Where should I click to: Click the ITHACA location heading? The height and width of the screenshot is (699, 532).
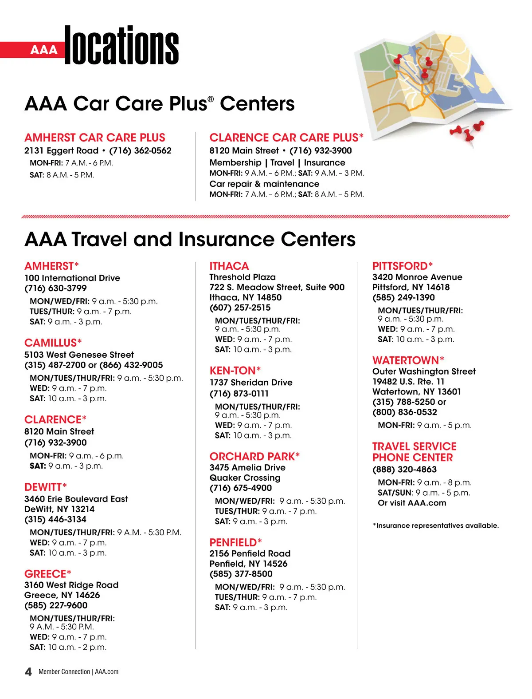pyautogui.click(x=229, y=266)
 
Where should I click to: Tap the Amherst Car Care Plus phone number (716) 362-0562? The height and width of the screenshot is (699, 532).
pyautogui.click(x=140, y=151)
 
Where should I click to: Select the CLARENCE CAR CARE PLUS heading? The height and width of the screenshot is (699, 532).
pyautogui.click(x=286, y=138)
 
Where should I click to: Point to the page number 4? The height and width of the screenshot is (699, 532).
pyautogui.click(x=28, y=671)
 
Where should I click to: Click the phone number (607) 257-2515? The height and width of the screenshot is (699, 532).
pyautogui.click(x=240, y=308)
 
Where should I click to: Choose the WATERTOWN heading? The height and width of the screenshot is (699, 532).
pyautogui.click(x=408, y=360)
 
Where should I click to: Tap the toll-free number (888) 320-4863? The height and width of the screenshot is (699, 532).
pyautogui.click(x=404, y=470)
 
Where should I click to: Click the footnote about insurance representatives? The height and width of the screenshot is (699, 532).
pyautogui.click(x=436, y=525)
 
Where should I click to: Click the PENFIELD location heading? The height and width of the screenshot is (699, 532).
pyautogui.click(x=235, y=543)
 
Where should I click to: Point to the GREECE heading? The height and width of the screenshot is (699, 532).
pyautogui.click(x=47, y=574)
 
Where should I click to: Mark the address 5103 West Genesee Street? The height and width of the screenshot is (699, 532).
pyautogui.click(x=79, y=355)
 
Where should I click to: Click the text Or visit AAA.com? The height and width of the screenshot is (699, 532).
pyautogui.click(x=412, y=503)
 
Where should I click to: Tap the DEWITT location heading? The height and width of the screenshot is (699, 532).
pyautogui.click(x=46, y=487)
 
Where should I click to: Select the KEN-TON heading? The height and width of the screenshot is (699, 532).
pyautogui.click(x=235, y=371)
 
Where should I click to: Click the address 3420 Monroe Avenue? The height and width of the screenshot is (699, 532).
pyautogui.click(x=417, y=277)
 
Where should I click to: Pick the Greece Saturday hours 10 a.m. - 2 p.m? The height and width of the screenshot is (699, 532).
pyautogui.click(x=77, y=648)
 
